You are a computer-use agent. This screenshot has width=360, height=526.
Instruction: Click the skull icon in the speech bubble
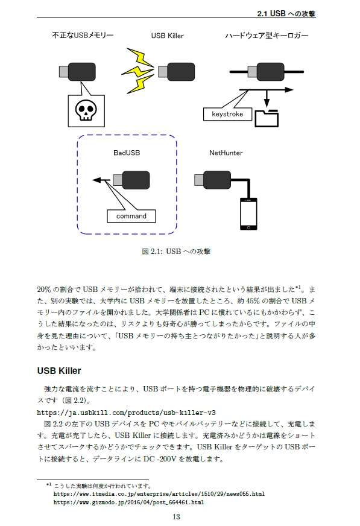click(x=86, y=109)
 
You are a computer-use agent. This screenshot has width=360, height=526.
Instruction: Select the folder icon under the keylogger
click(x=267, y=118)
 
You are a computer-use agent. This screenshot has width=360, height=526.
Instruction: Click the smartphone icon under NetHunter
click(x=248, y=214)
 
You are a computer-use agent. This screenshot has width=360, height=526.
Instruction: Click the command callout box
click(x=131, y=215)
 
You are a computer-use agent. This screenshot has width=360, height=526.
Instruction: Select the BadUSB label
click(x=127, y=153)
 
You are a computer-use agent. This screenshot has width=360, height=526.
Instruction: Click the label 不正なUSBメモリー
click(x=83, y=36)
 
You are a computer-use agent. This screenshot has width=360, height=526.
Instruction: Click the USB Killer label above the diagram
click(x=167, y=36)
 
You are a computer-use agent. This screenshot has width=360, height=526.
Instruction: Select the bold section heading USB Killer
click(x=58, y=370)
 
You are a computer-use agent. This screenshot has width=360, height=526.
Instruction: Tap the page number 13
click(x=176, y=516)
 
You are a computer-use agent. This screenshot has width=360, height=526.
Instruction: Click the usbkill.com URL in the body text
click(x=126, y=413)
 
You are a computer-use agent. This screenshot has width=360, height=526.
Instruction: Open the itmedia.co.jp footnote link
click(x=159, y=493)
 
